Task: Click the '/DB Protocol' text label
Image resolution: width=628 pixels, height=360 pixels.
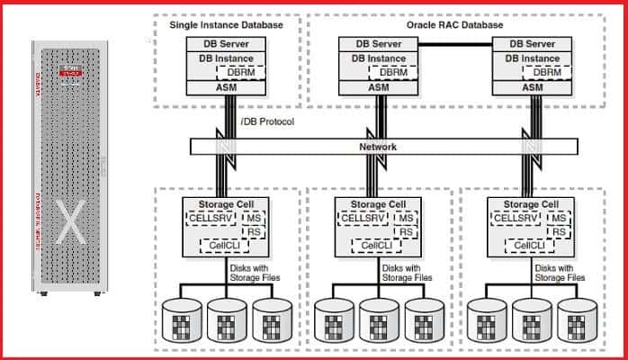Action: tap(268, 121)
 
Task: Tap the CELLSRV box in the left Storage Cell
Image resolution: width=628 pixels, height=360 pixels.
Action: tap(210, 217)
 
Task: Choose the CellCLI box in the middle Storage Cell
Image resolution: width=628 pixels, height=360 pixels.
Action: tap(366, 245)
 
